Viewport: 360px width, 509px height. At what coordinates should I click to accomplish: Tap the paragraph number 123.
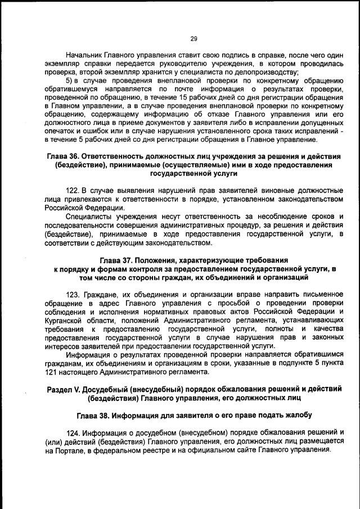(74, 294)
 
